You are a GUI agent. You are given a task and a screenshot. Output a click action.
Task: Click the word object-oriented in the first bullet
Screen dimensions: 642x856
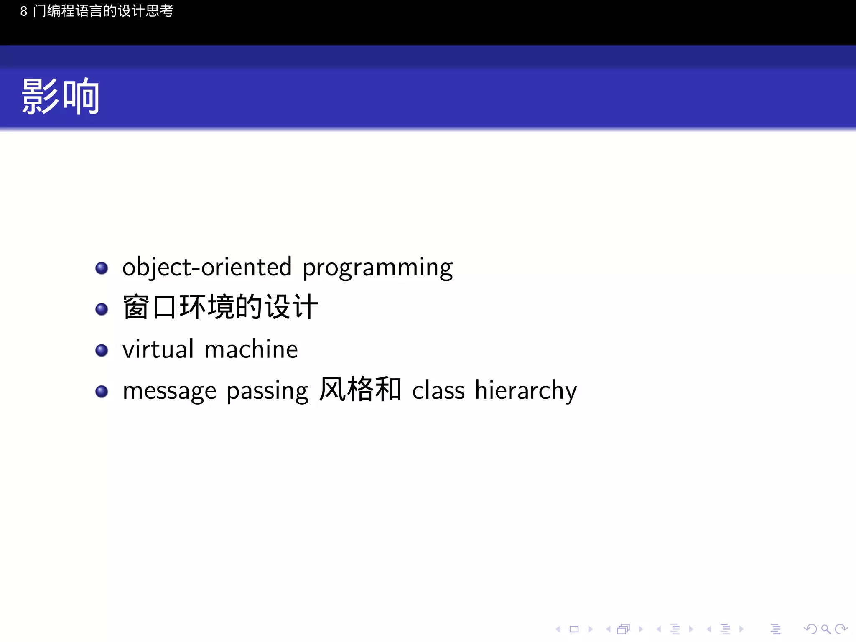pos(207,267)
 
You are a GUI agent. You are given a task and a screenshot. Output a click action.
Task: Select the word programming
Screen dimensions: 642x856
pos(377,268)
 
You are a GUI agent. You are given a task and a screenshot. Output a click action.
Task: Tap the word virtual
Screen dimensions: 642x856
pos(158,349)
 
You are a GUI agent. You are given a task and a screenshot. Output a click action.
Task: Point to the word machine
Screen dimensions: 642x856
pos(251,349)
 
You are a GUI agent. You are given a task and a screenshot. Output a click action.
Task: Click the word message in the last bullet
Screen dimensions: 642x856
pos(169,391)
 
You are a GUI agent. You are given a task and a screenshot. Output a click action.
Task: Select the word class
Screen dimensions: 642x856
pos(438,390)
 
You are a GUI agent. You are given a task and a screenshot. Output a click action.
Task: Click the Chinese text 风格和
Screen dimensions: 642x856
pos(360,390)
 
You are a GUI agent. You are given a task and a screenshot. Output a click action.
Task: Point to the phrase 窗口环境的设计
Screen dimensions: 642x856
pos(220,307)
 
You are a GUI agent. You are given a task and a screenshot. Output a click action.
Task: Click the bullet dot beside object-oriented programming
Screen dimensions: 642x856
pos(102,268)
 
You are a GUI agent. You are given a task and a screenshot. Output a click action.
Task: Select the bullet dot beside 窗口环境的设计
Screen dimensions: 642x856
pos(102,309)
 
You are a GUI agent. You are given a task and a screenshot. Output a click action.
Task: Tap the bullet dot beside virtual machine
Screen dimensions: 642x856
pos(102,350)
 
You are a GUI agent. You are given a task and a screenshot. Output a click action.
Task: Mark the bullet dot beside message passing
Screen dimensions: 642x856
pos(102,392)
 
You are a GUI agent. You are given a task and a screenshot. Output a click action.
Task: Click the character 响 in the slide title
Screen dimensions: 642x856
pos(81,97)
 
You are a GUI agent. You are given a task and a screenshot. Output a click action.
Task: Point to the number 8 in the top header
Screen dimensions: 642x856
pos(24,11)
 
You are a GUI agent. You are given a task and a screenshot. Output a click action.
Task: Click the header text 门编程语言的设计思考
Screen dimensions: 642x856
pos(103,11)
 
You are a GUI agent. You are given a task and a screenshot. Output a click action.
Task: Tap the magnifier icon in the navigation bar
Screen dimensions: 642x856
pos(825,629)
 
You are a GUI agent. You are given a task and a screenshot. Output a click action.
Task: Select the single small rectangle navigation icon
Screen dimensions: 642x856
pos(574,629)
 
